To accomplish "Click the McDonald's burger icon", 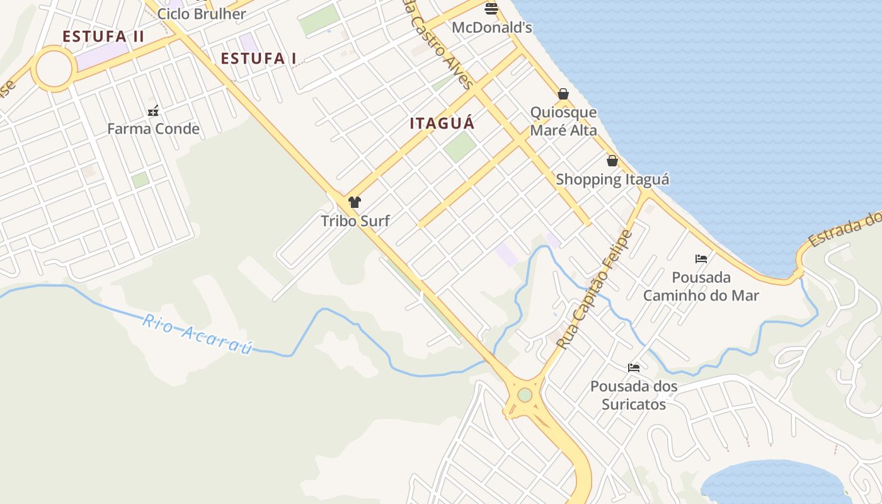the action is pyautogui.click(x=491, y=8).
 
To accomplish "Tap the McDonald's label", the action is pyautogui.click(x=492, y=28).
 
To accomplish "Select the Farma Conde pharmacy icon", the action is pyautogui.click(x=153, y=112).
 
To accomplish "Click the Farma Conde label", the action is pyautogui.click(x=153, y=129).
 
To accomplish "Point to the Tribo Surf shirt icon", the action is pyautogui.click(x=355, y=202).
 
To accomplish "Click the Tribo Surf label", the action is pyautogui.click(x=355, y=221).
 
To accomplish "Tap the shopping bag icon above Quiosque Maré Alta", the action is pyautogui.click(x=563, y=94).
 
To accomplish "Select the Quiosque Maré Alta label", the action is pyautogui.click(x=563, y=122).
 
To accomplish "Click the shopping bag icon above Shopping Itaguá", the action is pyautogui.click(x=612, y=161).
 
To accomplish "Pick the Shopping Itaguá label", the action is pyautogui.click(x=612, y=180).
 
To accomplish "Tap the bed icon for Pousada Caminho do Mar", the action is pyautogui.click(x=701, y=258).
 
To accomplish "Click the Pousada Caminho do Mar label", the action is pyautogui.click(x=701, y=286).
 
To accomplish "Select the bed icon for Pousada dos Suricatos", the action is pyautogui.click(x=634, y=367).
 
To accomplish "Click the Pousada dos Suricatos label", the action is pyautogui.click(x=634, y=395).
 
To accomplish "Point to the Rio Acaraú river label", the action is pyautogui.click(x=197, y=334).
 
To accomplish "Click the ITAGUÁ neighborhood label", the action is pyautogui.click(x=442, y=123).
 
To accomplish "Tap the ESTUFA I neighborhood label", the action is pyautogui.click(x=258, y=59).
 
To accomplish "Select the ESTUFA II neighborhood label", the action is pyautogui.click(x=103, y=37).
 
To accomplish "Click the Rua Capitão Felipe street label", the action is pyautogui.click(x=595, y=290).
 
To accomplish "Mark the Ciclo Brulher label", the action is pyautogui.click(x=202, y=14).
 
